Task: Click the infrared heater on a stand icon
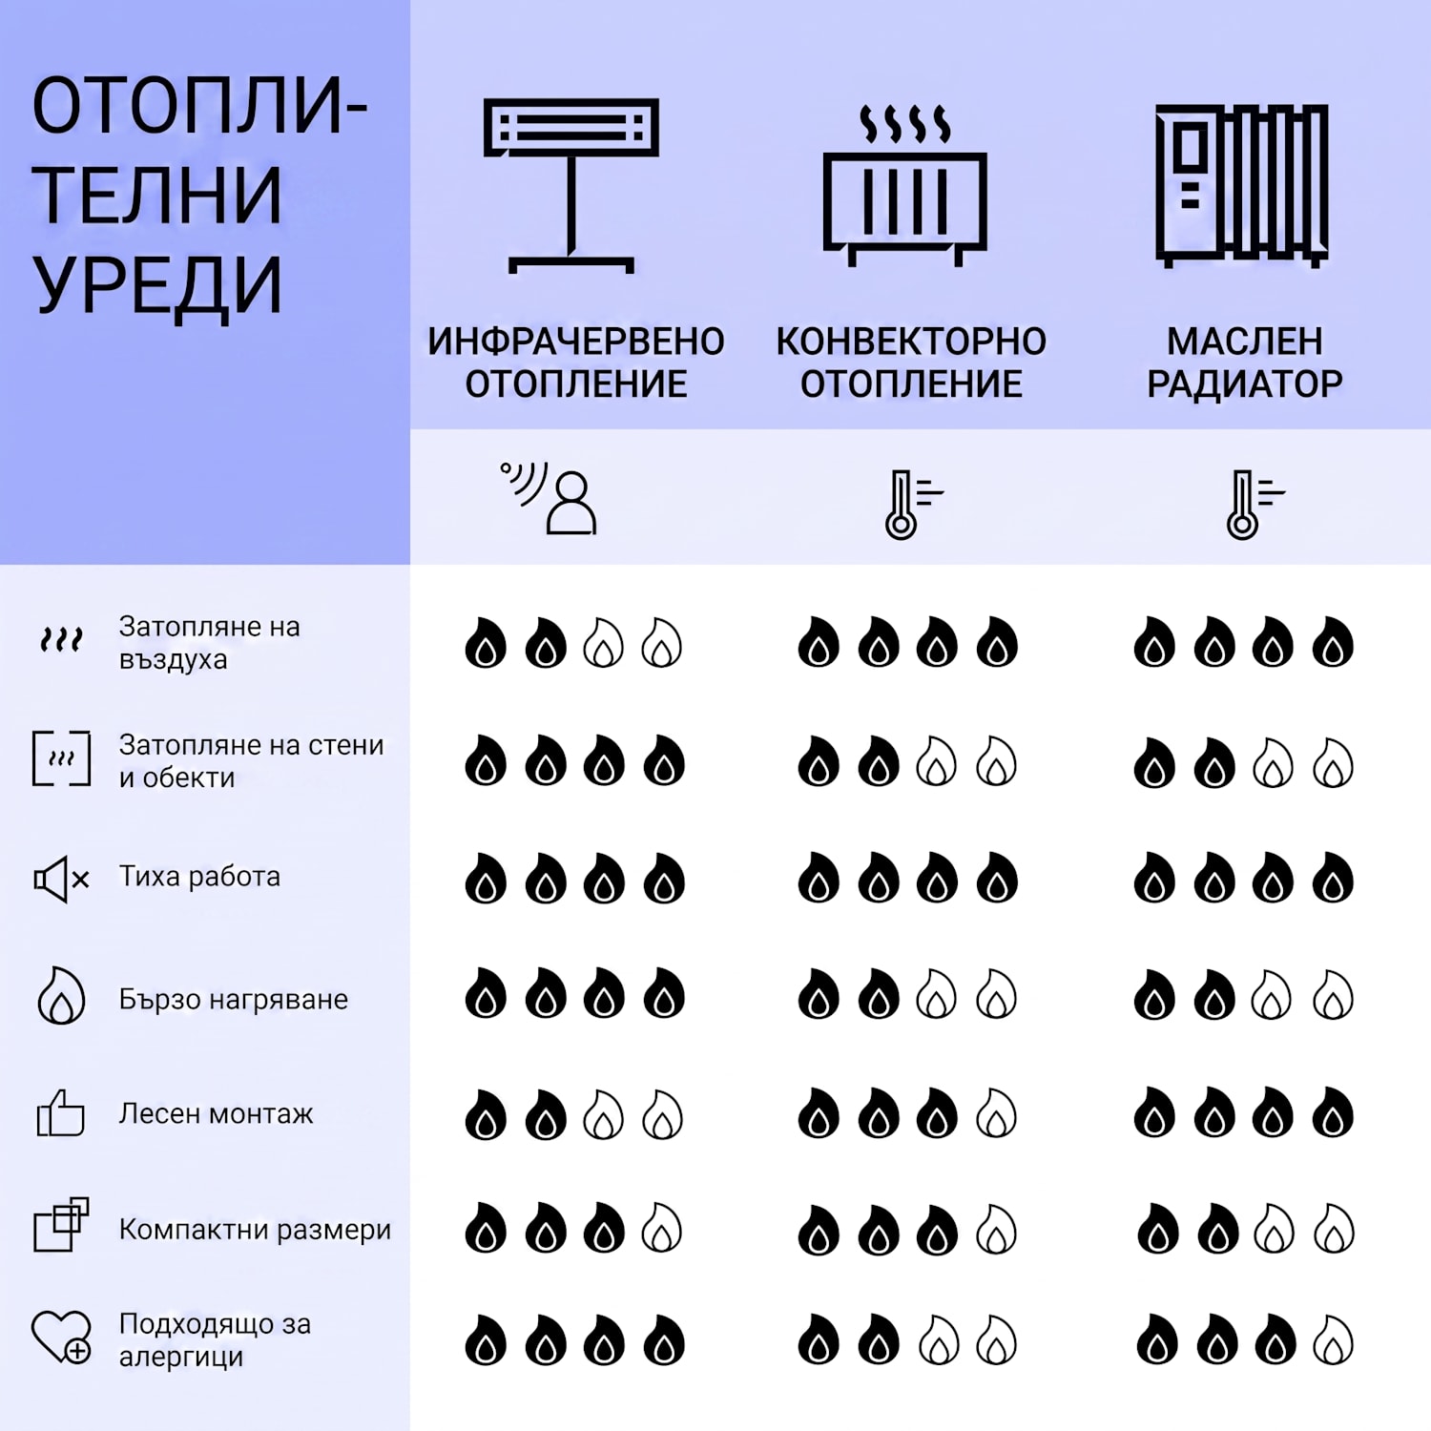pyautogui.click(x=570, y=186)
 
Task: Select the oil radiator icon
pyautogui.click(x=1242, y=184)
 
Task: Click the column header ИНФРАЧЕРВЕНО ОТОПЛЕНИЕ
pyautogui.click(x=576, y=363)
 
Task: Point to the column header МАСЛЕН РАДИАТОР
pyautogui.click(x=1244, y=363)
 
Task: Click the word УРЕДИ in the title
pyautogui.click(x=158, y=284)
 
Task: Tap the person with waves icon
pyautogui.click(x=550, y=497)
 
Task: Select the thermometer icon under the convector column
pyautogui.click(x=912, y=504)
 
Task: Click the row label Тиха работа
pyautogui.click(x=199, y=876)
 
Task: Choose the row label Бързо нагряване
pyautogui.click(x=234, y=999)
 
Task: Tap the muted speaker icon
pyautogui.click(x=61, y=879)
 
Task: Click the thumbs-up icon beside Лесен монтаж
pyautogui.click(x=60, y=1112)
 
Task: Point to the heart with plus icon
pyautogui.click(x=61, y=1337)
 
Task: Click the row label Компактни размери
pyautogui.click(x=255, y=1229)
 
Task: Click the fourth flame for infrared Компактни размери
pyautogui.click(x=662, y=1228)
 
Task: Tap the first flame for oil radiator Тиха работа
pyautogui.click(x=1154, y=878)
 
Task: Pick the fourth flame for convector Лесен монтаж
pyautogui.click(x=997, y=1113)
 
